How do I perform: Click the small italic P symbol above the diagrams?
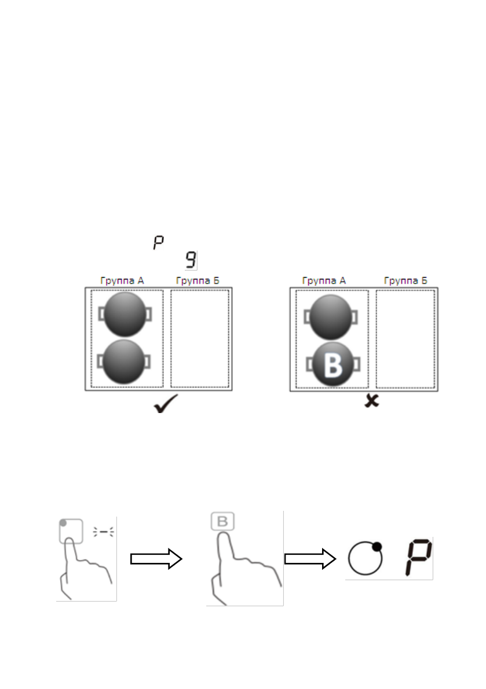(x=158, y=242)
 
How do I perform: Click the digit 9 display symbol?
(x=190, y=260)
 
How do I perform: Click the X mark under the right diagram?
(x=371, y=400)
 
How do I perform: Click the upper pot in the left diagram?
(x=125, y=314)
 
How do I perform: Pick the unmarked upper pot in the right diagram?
(x=332, y=316)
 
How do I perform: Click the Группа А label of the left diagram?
(x=122, y=281)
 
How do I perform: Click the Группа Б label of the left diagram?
(x=197, y=281)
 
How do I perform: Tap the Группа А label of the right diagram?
(x=324, y=281)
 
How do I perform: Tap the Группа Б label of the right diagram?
(x=405, y=281)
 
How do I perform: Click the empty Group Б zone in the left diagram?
(x=199, y=338)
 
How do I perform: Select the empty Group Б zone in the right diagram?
(x=405, y=338)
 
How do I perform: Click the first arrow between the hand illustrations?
(x=156, y=558)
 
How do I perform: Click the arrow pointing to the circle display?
(x=310, y=558)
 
